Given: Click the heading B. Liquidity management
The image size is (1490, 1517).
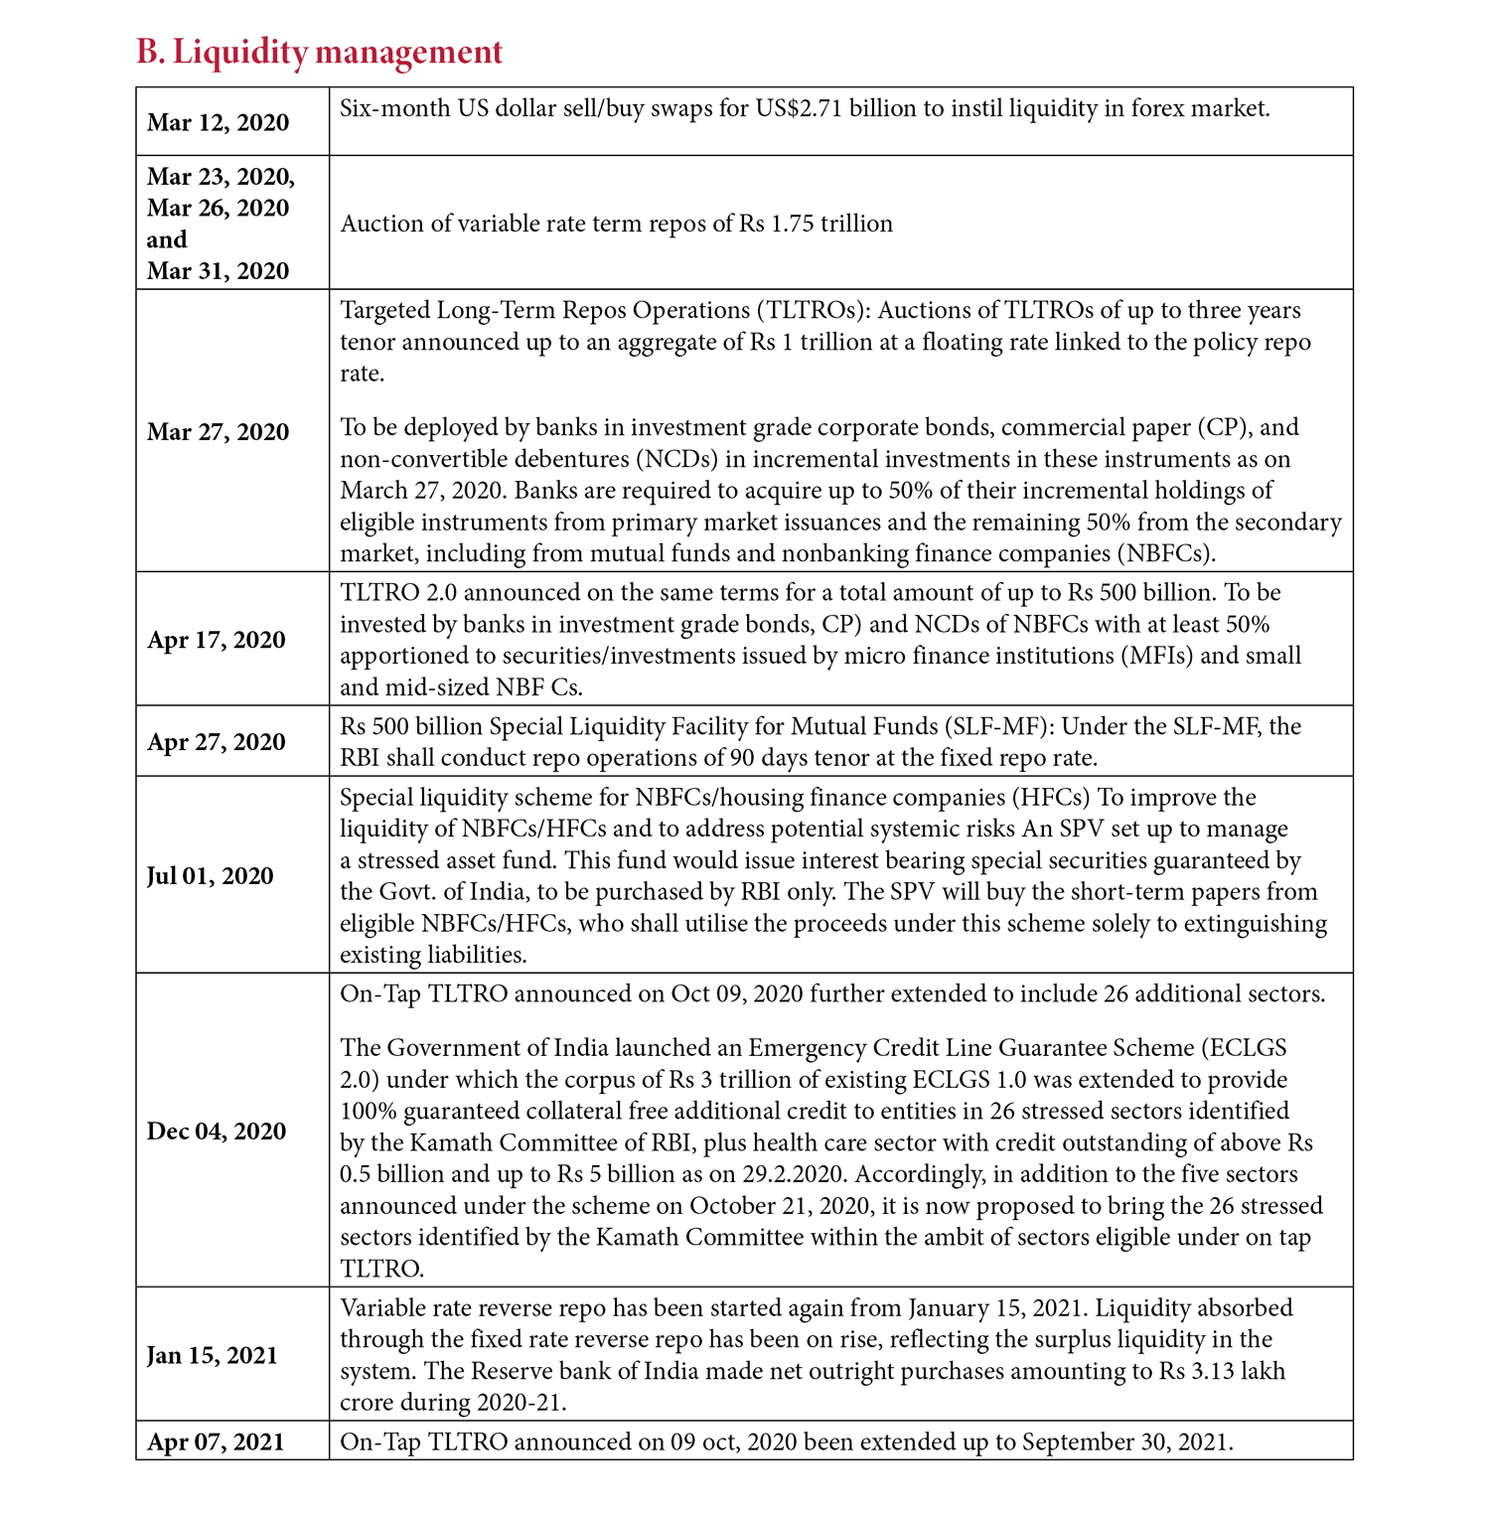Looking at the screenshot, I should point(319,52).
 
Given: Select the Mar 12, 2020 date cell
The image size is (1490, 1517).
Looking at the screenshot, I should point(218,122).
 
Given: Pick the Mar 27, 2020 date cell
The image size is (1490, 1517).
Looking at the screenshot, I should point(218,431).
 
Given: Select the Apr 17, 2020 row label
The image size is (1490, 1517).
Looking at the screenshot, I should point(216,639).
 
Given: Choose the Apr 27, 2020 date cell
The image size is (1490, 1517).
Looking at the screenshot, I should point(216,741).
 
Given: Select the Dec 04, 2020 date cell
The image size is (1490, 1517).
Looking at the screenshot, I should point(216,1131).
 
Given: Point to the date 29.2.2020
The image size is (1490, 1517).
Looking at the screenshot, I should point(794,1174).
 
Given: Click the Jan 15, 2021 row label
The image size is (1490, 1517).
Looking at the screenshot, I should point(212,1355).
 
